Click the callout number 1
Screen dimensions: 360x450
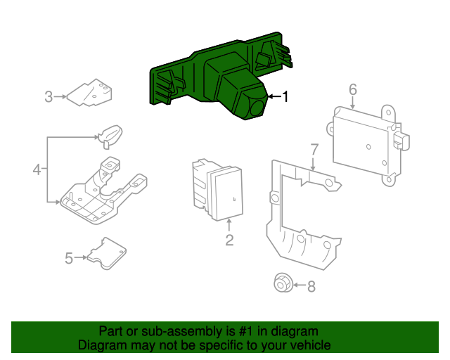click(x=285, y=96)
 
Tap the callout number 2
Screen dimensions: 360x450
click(x=229, y=241)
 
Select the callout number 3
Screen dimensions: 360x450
click(x=49, y=96)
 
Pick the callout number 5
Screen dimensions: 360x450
click(x=69, y=259)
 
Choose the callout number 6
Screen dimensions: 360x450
click(x=353, y=89)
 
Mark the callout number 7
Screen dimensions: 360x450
click(x=314, y=149)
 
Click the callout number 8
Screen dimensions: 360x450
click(x=311, y=285)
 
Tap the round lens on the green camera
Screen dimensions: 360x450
click(x=257, y=108)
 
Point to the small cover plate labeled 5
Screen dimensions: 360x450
click(x=105, y=252)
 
